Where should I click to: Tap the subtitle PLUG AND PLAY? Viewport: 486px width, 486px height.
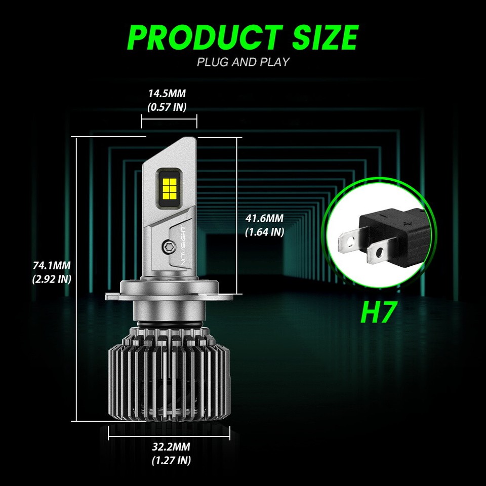pos(243,62)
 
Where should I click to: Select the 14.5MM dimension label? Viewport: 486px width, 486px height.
pos(167,94)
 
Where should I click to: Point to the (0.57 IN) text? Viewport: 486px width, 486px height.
pos(167,107)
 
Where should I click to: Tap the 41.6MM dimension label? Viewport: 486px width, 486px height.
pos(264,219)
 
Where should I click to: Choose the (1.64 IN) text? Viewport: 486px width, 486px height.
pos(264,232)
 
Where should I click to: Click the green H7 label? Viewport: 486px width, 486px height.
pos(377,312)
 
